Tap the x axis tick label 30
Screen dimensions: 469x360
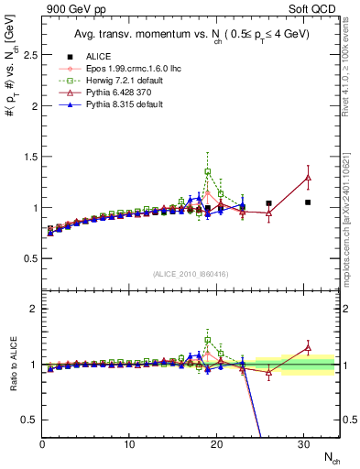tap(303, 445)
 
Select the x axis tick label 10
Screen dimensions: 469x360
tap(129, 445)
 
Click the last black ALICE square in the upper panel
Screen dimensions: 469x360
tap(308, 202)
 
